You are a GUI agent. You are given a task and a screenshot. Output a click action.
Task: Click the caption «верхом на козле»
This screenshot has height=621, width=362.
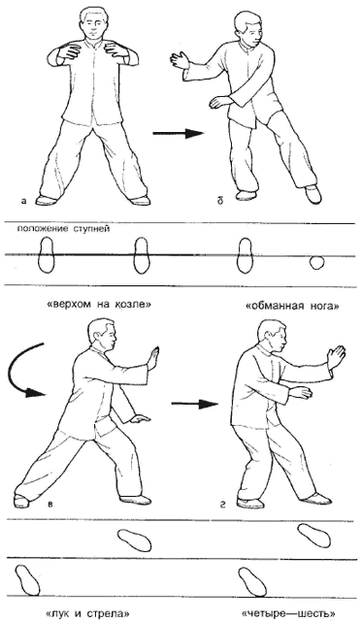pyautogui.click(x=99, y=305)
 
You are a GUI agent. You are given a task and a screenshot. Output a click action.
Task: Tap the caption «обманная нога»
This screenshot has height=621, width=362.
pyautogui.click(x=292, y=306)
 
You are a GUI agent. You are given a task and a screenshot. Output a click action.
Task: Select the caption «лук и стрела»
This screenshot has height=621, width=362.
pyautogui.click(x=88, y=614)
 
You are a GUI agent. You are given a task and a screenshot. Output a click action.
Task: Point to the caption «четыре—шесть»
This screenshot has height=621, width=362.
pyautogui.click(x=288, y=614)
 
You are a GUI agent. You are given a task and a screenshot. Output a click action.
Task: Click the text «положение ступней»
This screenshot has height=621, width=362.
pyautogui.click(x=62, y=229)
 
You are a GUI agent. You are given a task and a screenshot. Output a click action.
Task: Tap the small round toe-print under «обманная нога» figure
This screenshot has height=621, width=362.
pyautogui.click(x=316, y=262)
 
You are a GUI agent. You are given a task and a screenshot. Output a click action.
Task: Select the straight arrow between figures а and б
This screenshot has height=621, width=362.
pyautogui.click(x=178, y=134)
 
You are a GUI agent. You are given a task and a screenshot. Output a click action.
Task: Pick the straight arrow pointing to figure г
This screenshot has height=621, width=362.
pyautogui.click(x=194, y=405)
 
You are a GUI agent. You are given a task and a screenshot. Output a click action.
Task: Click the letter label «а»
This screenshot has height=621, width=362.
pyautogui.click(x=24, y=201)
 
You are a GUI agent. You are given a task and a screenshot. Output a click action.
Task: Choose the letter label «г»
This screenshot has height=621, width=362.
pyautogui.click(x=223, y=505)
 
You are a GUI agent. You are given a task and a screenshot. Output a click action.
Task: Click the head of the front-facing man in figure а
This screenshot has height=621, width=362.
pyautogui.click(x=94, y=22)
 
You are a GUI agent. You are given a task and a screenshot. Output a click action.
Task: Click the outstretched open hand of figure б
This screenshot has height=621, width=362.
pyautogui.click(x=180, y=60)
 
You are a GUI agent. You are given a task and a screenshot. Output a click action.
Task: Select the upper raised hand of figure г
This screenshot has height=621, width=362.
pyautogui.click(x=336, y=357)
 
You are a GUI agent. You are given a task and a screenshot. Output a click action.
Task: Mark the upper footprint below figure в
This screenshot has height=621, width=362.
pyautogui.click(x=135, y=539)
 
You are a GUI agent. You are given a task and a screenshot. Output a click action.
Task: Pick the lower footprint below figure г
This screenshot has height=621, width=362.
pyautogui.click(x=251, y=581)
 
